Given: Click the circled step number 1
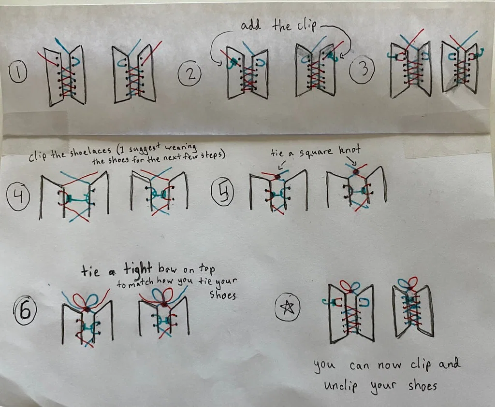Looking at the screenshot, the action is point(18,72).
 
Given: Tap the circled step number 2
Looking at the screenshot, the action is point(189,75).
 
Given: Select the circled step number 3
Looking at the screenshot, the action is point(363,70).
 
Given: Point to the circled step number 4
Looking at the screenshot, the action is point(18,197).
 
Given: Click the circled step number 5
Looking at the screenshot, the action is point(222,193).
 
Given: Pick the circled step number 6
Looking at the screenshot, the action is point(25,310).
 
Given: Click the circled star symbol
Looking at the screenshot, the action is point(287,307).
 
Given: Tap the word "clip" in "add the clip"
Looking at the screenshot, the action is point(306,26).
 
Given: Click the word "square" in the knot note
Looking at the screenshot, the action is point(316,152).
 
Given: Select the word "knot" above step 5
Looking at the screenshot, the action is point(349,150).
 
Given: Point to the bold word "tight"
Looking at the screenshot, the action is point(138,269).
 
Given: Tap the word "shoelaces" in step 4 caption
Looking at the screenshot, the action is point(91,153).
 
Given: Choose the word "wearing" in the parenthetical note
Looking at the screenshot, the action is point(181,147).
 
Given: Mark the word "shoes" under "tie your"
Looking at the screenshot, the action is point(222,295).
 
